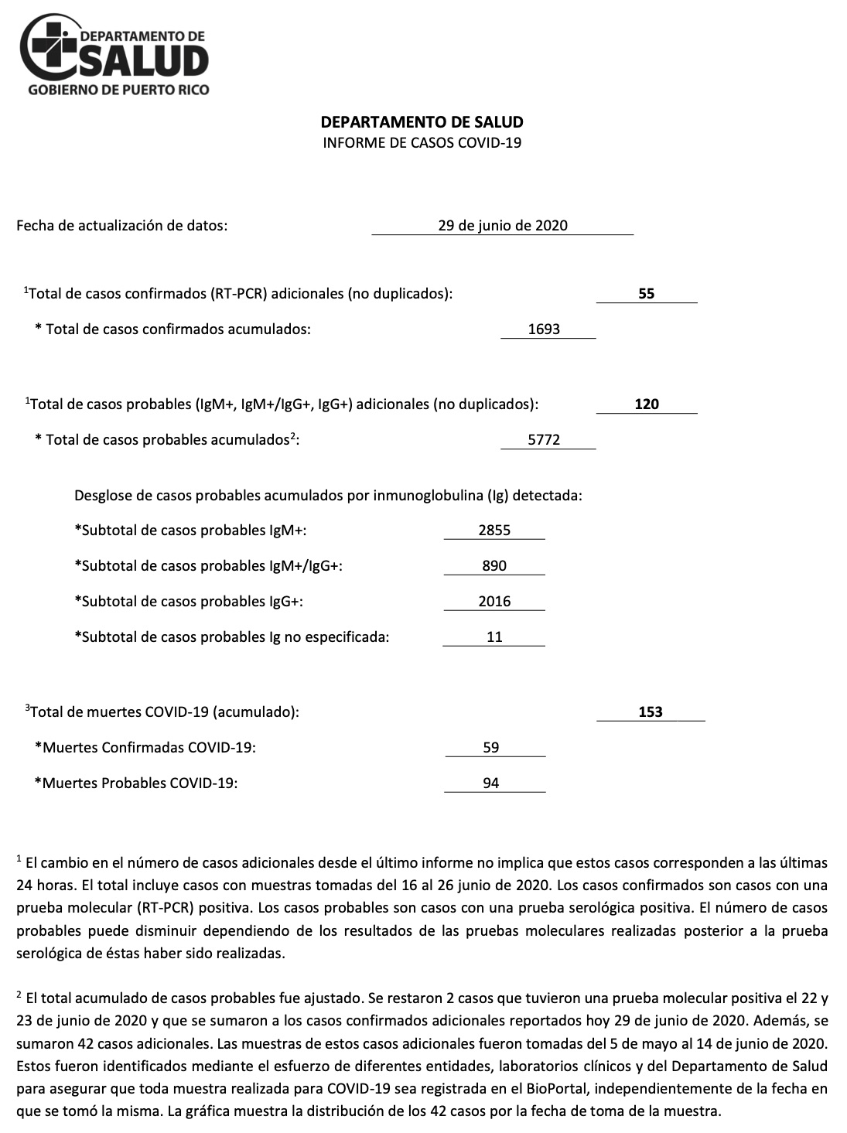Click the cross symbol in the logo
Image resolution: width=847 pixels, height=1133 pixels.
[x=53, y=44]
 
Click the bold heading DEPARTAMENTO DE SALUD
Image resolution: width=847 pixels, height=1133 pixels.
[x=422, y=122]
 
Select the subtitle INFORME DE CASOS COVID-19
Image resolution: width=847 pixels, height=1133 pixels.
[x=422, y=143]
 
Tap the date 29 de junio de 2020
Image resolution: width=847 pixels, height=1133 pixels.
[x=502, y=226]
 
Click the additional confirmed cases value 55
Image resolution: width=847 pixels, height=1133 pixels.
[x=647, y=294]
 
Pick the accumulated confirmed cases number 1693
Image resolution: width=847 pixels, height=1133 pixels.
[x=544, y=329]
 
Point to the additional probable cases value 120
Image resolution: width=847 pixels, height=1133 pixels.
[x=647, y=404]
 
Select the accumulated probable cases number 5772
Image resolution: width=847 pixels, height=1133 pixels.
[x=544, y=440]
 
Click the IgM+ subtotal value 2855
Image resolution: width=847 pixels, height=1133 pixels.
[x=494, y=531]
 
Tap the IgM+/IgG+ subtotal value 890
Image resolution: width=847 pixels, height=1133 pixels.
[x=494, y=566]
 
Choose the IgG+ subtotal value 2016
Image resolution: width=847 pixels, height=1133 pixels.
[x=494, y=602]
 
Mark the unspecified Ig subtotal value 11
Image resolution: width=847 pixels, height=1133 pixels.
[x=494, y=637]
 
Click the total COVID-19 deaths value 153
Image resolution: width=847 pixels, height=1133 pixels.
[x=651, y=712]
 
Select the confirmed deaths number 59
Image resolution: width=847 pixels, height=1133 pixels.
[x=490, y=748]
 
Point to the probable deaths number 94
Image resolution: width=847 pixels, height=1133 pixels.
[x=490, y=783]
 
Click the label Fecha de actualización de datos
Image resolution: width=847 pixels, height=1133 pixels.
[x=122, y=226]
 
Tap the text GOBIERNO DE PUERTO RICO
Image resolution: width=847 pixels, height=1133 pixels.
[x=118, y=90]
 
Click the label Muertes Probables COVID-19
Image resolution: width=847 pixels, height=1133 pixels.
[x=136, y=783]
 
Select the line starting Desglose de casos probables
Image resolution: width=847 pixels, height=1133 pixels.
[x=328, y=495]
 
